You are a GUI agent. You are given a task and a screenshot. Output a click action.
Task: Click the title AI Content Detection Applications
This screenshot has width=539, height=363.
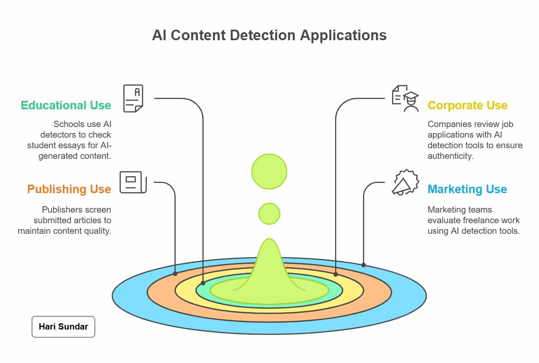coord(269,35)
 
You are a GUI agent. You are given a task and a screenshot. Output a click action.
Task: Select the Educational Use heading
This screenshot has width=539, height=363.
coord(66,105)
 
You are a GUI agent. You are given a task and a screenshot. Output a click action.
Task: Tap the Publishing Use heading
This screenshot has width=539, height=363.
coord(69,189)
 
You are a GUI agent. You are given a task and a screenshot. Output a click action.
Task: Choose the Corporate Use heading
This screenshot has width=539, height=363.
coord(467,105)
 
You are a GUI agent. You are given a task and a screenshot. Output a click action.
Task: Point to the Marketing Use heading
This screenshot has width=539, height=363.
coord(467,189)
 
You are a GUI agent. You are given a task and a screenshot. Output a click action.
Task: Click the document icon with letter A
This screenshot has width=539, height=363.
coord(133,98)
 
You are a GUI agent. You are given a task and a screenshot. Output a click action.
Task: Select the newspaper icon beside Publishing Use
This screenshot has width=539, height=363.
coord(133,183)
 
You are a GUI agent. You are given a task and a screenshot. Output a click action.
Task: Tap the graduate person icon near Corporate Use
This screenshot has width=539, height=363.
coord(405,98)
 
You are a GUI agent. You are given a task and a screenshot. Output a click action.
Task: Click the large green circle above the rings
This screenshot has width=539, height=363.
coord(269,172)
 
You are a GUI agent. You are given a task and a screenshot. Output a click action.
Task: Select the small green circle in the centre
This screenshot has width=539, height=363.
coord(269,213)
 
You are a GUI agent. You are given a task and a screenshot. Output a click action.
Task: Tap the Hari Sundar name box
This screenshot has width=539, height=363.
coord(63,327)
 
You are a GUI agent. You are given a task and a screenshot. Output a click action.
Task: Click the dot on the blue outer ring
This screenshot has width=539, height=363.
coord(363,265)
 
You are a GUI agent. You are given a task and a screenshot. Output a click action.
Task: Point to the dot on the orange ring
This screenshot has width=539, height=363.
coord(175,274)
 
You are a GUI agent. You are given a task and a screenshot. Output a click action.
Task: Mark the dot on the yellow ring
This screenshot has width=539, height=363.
coord(335,274)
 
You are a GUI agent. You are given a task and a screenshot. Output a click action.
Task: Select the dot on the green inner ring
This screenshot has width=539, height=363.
coord(203,283)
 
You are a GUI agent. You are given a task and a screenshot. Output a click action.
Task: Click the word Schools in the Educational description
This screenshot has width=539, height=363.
coord(66,124)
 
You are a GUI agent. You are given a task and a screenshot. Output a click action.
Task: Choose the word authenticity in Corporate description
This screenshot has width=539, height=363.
coord(450,156)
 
